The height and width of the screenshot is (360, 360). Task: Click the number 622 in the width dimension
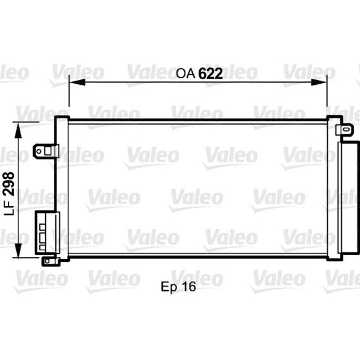click(210, 73)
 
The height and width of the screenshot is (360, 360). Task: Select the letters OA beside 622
click(186, 74)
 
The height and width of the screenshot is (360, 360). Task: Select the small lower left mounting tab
click(49, 260)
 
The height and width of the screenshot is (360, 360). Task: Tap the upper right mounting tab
click(345, 130)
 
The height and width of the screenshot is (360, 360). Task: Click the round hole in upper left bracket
click(39, 151)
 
